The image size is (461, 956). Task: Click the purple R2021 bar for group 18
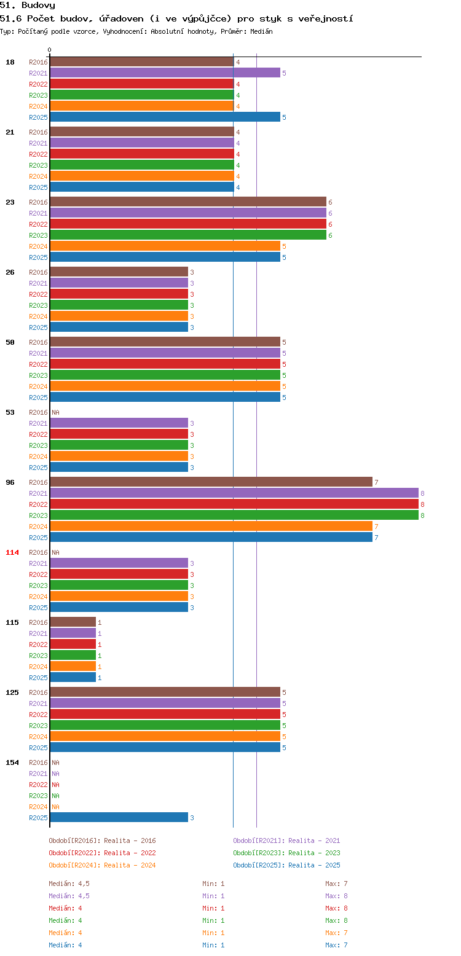[165, 73]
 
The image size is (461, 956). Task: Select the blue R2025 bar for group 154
[119, 817]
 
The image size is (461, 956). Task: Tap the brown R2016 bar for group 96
[211, 482]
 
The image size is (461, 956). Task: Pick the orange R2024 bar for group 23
[165, 246]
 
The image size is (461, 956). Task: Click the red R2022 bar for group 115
[73, 644]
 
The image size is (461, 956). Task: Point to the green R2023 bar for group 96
[234, 515]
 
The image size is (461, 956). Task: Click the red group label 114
[12, 552]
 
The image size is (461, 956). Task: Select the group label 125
[12, 692]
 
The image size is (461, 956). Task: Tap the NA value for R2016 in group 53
[55, 412]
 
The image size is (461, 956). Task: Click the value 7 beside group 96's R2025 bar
[376, 538]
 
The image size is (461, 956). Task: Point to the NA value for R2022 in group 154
[55, 785]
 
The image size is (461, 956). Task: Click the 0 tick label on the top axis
[50, 50]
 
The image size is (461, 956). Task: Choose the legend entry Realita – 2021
[314, 840]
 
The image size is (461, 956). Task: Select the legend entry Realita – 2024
[130, 865]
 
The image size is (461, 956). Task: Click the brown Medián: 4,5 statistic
[69, 884]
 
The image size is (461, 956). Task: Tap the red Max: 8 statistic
[336, 908]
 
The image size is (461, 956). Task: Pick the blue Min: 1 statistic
[213, 945]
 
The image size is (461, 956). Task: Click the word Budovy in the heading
[38, 6]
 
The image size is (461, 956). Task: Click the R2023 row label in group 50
[38, 375]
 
